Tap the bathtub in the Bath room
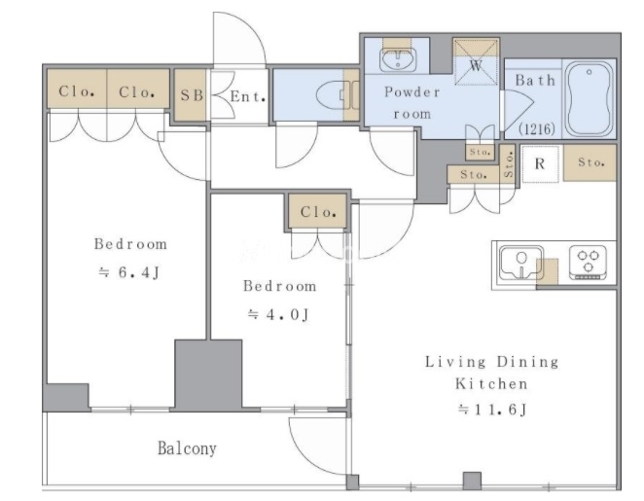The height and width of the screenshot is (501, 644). tap(590, 99)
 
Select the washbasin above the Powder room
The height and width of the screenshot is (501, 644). tap(398, 59)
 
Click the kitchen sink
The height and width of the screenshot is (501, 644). tap(520, 263)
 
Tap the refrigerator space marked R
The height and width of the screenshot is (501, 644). tap(540, 163)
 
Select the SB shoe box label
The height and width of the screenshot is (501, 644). tap(192, 95)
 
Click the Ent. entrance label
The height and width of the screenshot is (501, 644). tap(247, 96)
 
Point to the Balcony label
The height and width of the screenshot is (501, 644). tap(188, 448)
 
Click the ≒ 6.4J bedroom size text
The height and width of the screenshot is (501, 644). tap(129, 272)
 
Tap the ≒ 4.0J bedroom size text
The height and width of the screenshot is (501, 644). tap(277, 315)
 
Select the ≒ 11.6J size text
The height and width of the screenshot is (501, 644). tap(492, 410)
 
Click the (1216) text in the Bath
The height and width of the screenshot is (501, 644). tap(537, 129)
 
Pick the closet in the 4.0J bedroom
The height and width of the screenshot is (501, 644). tap(317, 211)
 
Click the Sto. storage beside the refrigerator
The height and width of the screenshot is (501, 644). tap(590, 162)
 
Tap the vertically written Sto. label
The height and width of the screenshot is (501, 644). tap(508, 164)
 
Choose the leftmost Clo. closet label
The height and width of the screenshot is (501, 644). tap(77, 91)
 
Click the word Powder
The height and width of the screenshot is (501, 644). tap(411, 91)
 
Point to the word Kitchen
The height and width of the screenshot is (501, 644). tap(491, 384)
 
